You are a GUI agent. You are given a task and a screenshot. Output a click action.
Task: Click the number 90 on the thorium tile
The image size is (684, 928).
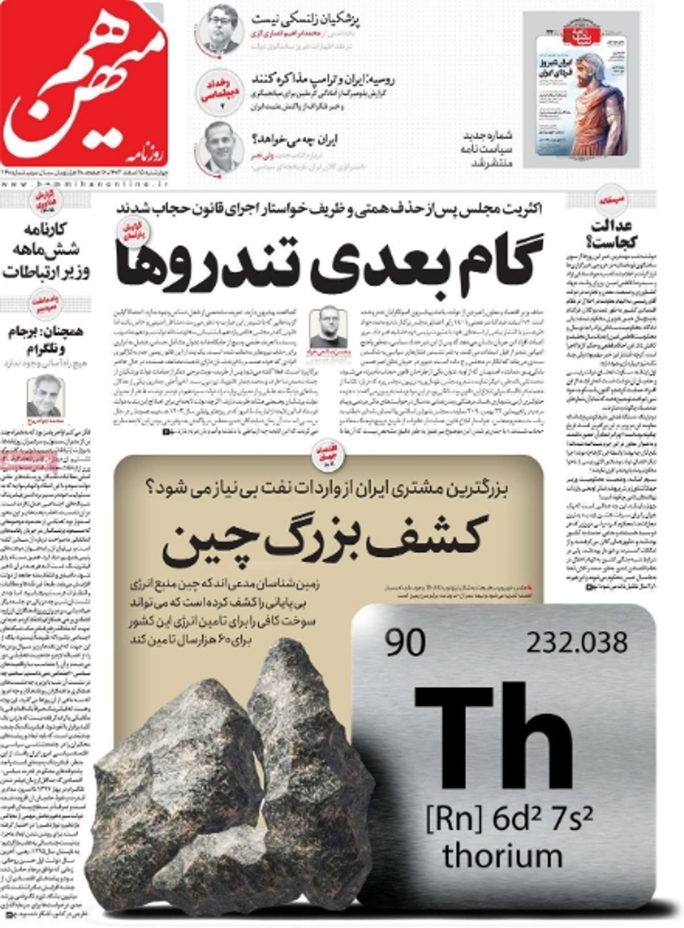(x=405, y=643)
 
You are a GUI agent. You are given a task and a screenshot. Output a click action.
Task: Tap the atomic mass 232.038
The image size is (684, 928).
(x=576, y=643)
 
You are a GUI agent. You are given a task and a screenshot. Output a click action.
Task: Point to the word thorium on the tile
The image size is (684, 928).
(x=502, y=856)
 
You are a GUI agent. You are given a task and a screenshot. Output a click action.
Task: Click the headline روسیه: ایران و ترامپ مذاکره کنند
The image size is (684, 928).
(x=323, y=79)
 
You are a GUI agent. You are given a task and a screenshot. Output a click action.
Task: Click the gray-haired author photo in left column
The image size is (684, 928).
(x=44, y=397)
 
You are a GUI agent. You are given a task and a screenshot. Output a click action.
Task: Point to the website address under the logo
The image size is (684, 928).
(x=83, y=184)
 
